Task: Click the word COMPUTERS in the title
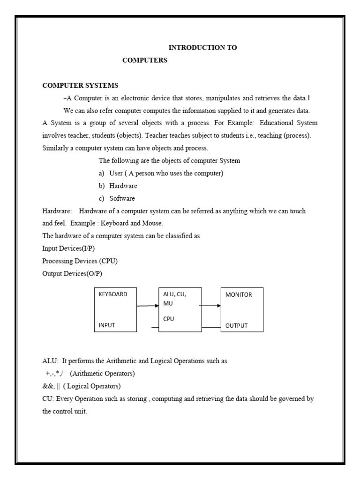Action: pyautogui.click(x=144, y=60)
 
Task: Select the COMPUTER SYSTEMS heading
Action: pyautogui.click(x=80, y=85)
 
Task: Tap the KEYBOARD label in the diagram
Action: pyautogui.click(x=112, y=295)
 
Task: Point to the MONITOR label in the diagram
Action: pyautogui.click(x=239, y=295)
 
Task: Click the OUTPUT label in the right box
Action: pyautogui.click(x=236, y=326)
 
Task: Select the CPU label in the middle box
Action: pyautogui.click(x=168, y=319)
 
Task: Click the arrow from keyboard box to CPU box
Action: pyautogui.click(x=148, y=306)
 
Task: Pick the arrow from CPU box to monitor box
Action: pyautogui.click(x=210, y=306)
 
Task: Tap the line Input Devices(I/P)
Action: pyautogui.click(x=71, y=248)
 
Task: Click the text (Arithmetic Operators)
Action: pyautogui.click(x=103, y=374)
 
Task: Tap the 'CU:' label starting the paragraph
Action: pyautogui.click(x=48, y=399)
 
